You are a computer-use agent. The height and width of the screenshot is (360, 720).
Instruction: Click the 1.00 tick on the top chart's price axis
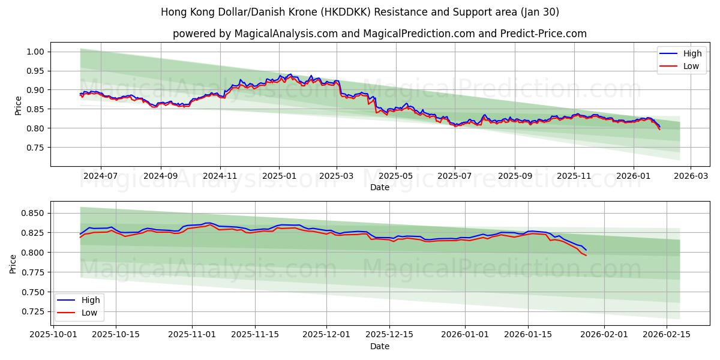click(36, 52)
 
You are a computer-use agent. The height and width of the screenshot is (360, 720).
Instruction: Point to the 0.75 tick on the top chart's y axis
click(36, 148)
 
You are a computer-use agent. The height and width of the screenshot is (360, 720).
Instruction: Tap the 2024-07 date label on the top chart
click(100, 176)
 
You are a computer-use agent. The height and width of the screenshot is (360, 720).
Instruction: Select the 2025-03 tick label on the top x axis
click(337, 176)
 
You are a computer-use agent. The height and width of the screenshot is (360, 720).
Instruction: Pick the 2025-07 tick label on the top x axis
click(454, 176)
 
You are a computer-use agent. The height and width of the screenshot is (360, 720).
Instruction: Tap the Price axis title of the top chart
click(19, 105)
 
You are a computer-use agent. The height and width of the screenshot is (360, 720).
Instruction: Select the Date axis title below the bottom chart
click(379, 346)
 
